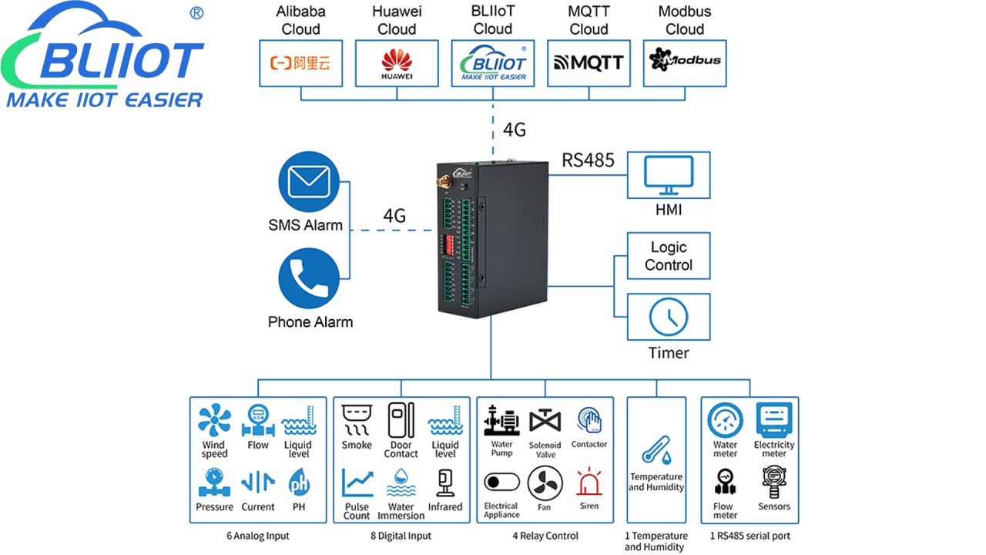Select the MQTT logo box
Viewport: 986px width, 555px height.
(x=589, y=62)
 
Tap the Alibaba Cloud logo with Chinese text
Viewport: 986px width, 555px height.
(x=300, y=62)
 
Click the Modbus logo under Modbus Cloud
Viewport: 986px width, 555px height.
(x=685, y=61)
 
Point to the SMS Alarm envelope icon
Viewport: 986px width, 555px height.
(x=309, y=183)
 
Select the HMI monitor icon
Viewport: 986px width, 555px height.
(x=669, y=176)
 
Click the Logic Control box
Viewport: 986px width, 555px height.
(x=669, y=256)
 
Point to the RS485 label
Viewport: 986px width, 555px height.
(x=589, y=160)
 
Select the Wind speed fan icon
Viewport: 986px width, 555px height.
(x=214, y=421)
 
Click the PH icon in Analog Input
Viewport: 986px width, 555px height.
(x=299, y=483)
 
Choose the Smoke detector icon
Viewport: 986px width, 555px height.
(x=357, y=420)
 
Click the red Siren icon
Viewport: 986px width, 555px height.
(x=589, y=483)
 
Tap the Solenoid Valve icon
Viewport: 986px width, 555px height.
(x=545, y=422)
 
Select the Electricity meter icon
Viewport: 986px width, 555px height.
(x=773, y=420)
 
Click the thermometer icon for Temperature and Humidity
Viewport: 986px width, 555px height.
(x=656, y=451)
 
